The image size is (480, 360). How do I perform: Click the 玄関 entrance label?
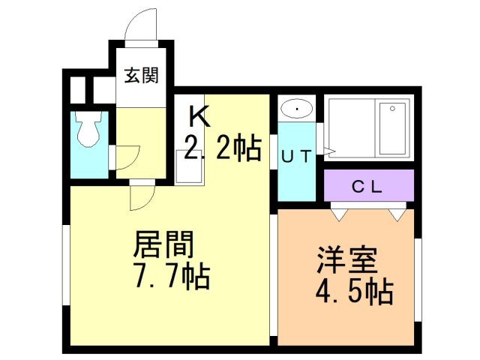click(142, 75)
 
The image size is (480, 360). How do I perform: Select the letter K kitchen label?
click(199, 116)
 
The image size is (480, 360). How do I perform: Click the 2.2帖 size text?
click(223, 148)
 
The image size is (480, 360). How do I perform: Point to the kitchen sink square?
click(189, 167)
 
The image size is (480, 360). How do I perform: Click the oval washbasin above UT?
click(296, 109)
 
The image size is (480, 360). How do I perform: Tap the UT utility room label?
click(296, 157)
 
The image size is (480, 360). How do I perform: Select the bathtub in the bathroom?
click(392, 128)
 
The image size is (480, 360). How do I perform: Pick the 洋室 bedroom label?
click(346, 259)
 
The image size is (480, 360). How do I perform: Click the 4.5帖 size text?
click(355, 291)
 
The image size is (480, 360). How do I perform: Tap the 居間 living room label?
click(163, 244)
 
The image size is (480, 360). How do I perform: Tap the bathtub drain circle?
click(392, 109)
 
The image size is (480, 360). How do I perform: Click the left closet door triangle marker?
click(340, 214)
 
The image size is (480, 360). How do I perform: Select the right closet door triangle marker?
click(397, 214)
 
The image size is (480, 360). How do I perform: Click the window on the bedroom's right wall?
click(418, 280)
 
